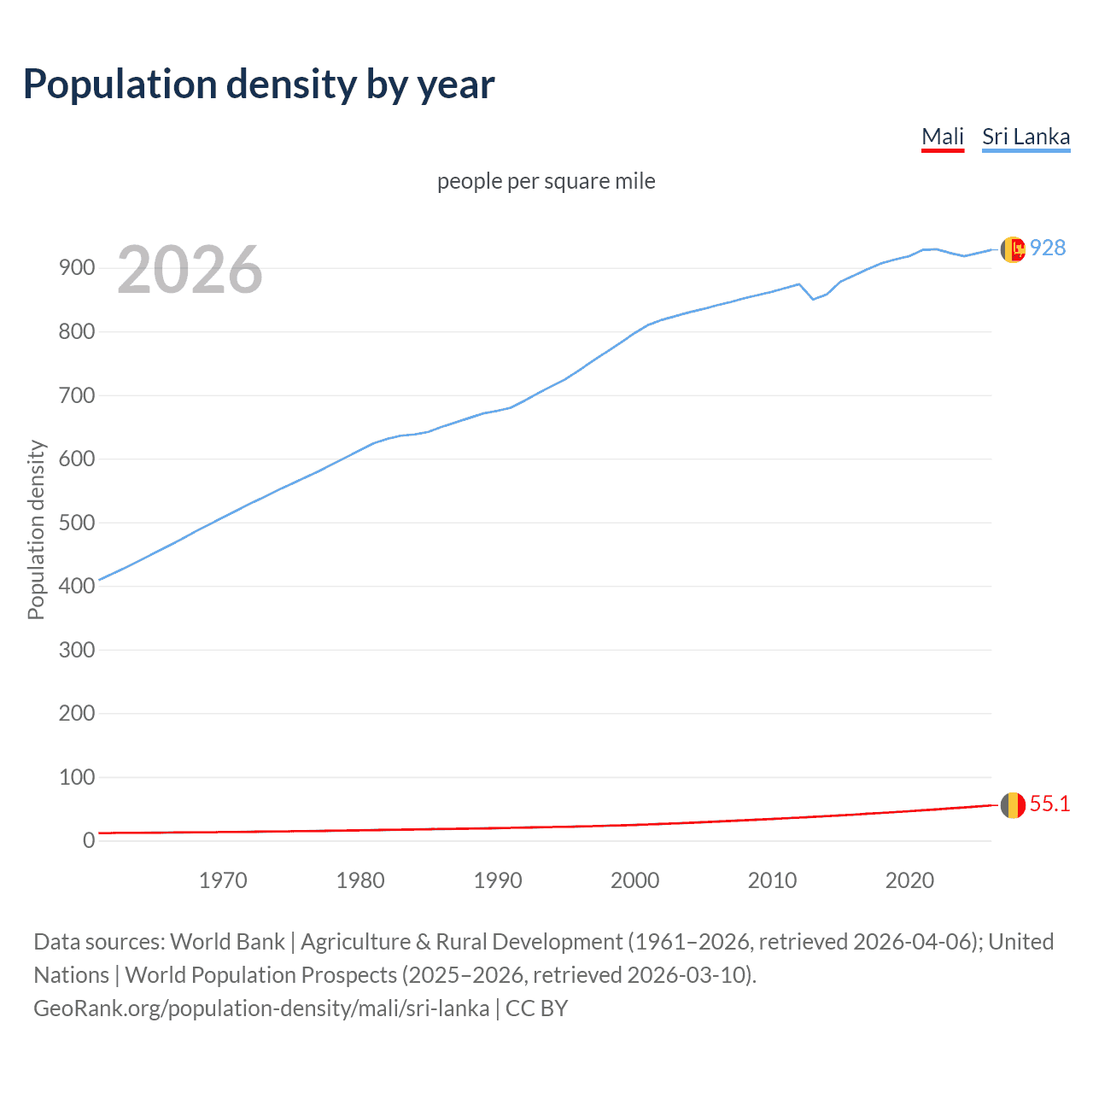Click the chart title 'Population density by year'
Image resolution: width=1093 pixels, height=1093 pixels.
(x=259, y=85)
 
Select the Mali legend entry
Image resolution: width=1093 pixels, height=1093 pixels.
(x=943, y=137)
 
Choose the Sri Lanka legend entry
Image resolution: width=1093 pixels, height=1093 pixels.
(x=1026, y=137)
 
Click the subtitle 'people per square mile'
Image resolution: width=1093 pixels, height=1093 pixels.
(x=546, y=181)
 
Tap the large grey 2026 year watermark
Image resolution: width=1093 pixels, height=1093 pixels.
(x=190, y=270)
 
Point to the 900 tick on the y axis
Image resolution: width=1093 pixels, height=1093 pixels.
(x=76, y=268)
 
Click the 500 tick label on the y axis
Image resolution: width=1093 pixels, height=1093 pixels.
(x=76, y=523)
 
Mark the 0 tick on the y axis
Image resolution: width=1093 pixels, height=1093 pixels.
(x=89, y=840)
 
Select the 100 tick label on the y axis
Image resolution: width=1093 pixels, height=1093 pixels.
(x=76, y=777)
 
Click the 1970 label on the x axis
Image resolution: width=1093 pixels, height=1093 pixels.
(x=223, y=880)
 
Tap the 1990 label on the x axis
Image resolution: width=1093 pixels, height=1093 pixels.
(x=498, y=880)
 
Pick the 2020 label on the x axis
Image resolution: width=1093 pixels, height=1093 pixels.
(x=909, y=880)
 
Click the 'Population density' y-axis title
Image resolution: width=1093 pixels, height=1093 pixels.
(x=36, y=529)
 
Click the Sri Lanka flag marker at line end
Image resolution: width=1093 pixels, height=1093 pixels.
(x=1013, y=249)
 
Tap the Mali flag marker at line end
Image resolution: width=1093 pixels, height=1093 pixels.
(x=1013, y=804)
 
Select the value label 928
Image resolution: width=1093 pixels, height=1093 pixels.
(x=1048, y=248)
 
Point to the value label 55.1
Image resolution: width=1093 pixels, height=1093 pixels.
(x=1049, y=804)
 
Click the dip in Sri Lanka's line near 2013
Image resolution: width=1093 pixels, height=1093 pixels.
(x=813, y=299)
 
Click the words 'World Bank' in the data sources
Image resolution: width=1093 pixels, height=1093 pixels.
(x=227, y=942)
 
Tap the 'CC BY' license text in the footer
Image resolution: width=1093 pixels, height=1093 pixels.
(x=536, y=1008)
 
